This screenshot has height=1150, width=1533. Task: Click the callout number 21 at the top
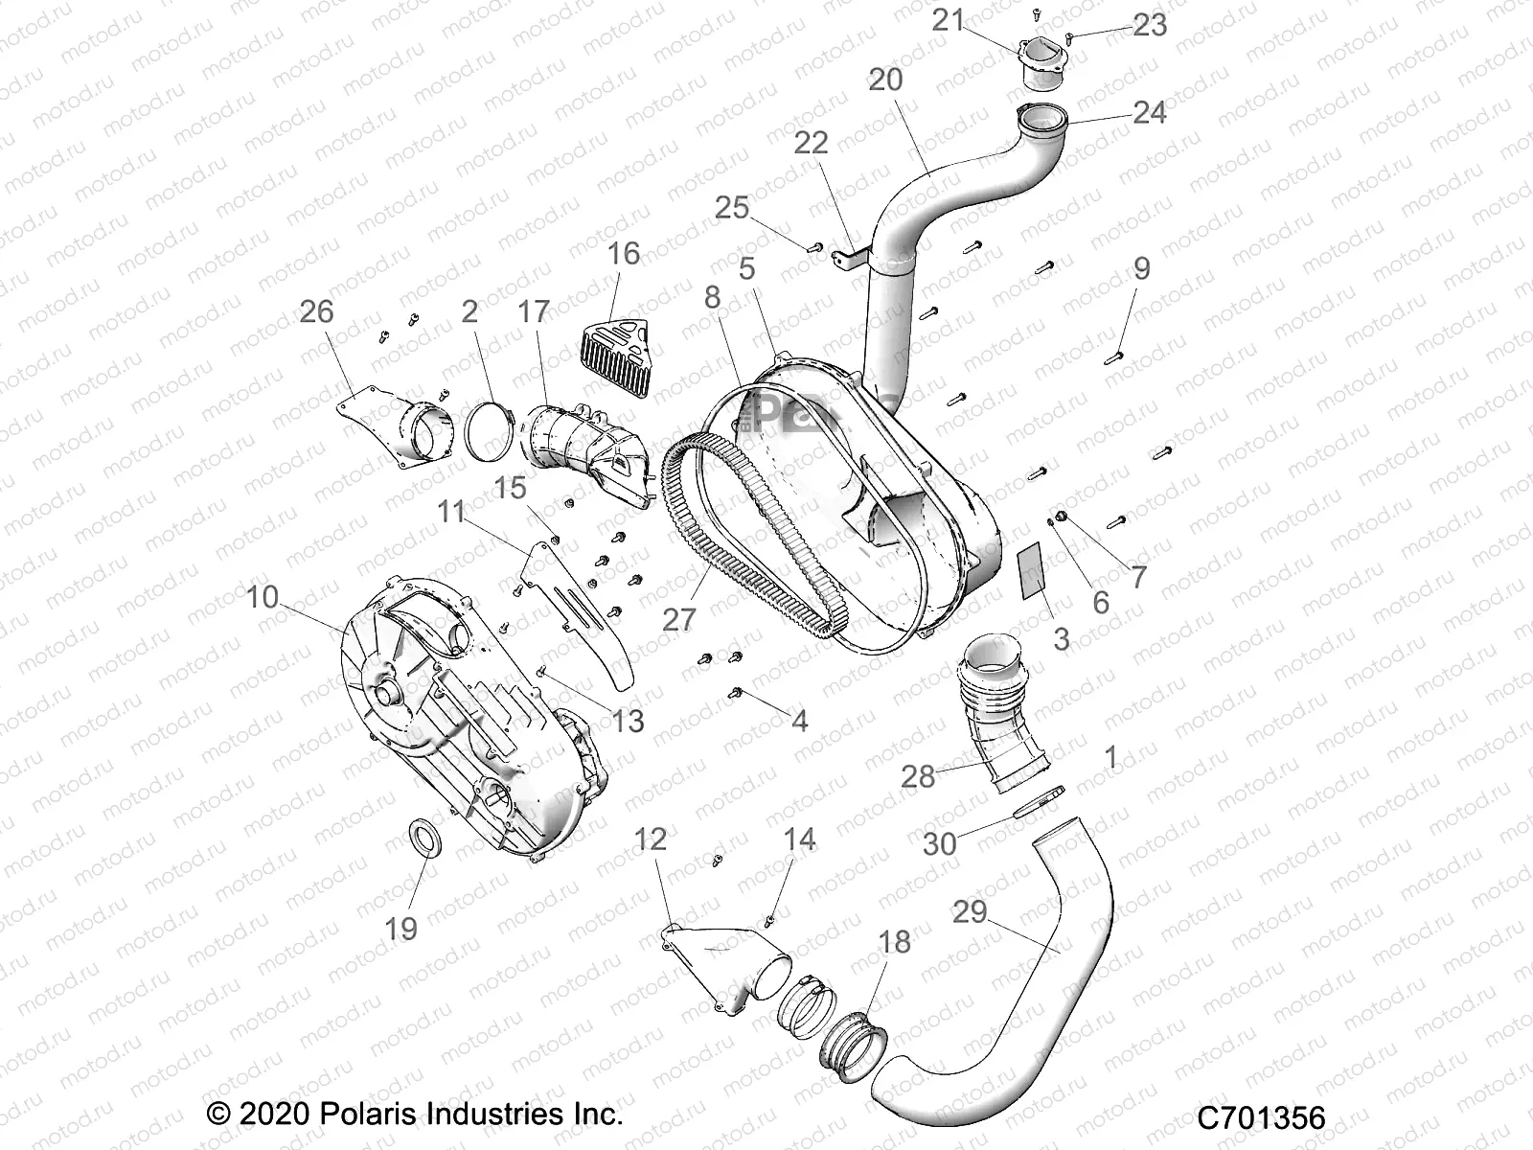pos(948,20)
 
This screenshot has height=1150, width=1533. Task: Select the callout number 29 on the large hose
pos(970,911)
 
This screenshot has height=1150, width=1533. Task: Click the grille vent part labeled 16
pos(614,351)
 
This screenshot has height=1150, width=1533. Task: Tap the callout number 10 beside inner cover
pos(263,598)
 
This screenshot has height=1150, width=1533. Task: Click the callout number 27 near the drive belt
pos(678,620)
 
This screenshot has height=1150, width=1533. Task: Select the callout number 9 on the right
pos(1141,268)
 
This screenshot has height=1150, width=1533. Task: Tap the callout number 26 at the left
pos(317,311)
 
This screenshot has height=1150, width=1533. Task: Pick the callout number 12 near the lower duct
pos(651,840)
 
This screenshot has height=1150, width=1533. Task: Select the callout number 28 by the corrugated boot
pos(918,776)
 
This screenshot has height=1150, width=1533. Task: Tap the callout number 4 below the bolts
pos(799,720)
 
